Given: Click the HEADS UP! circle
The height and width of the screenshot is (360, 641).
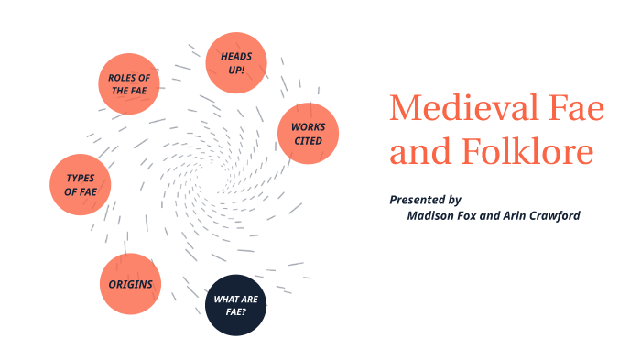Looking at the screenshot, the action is (x=235, y=62).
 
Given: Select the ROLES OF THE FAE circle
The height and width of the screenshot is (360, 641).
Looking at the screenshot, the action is (x=129, y=83).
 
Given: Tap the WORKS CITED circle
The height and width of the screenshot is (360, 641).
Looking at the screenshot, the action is (x=309, y=134).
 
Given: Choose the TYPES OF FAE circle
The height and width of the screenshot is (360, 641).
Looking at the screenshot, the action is (x=81, y=185).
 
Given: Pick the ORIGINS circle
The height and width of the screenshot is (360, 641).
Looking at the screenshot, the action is (x=130, y=284).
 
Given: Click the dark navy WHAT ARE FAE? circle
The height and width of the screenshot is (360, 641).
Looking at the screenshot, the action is (x=235, y=306).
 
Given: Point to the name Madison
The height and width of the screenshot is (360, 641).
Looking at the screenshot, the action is (x=432, y=216).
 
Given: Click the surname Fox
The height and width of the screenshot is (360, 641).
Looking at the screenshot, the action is (x=474, y=216).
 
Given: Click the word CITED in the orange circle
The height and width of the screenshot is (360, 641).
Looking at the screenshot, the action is (x=309, y=140).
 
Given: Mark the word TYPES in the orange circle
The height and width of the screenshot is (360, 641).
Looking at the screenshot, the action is (x=81, y=178).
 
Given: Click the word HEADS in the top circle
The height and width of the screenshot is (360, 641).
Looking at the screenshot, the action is (x=235, y=56).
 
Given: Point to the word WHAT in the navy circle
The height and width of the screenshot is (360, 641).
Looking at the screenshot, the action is (x=226, y=300).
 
